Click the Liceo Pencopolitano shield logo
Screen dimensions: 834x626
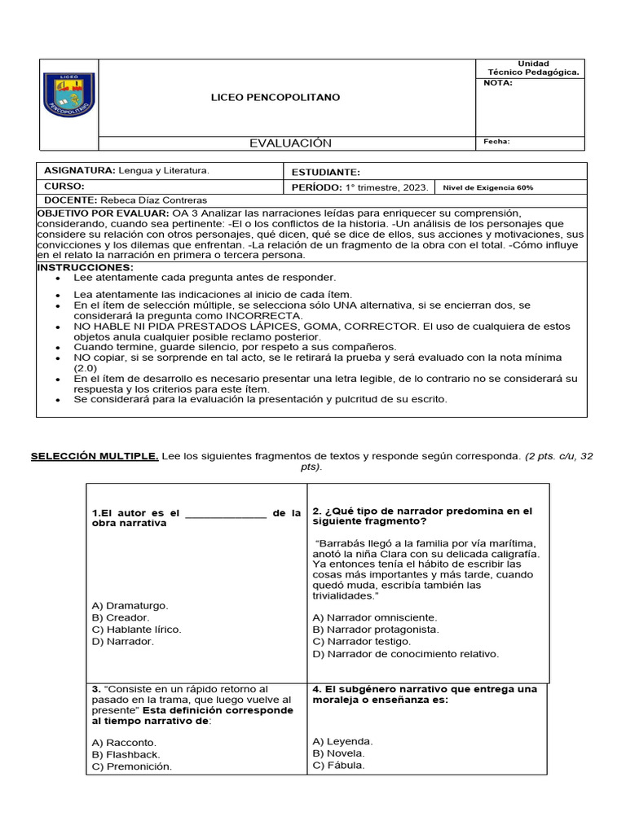tap(69, 94)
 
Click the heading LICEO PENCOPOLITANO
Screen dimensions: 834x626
tap(276, 98)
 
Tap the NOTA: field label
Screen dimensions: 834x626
tap(498, 82)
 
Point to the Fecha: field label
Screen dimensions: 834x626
tap(496, 142)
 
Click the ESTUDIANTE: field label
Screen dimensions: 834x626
tap(325, 173)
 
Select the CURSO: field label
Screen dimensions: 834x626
tap(64, 187)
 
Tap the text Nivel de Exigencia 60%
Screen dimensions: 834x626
tap(487, 187)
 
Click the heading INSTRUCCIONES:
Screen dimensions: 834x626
tap(86, 267)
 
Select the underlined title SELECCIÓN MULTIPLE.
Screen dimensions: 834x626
tap(95, 457)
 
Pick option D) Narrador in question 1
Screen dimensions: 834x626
tap(123, 641)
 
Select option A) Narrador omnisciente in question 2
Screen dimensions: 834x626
tap(375, 617)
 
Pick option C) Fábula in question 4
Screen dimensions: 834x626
tap(339, 765)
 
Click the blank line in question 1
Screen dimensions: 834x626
tap(226, 514)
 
